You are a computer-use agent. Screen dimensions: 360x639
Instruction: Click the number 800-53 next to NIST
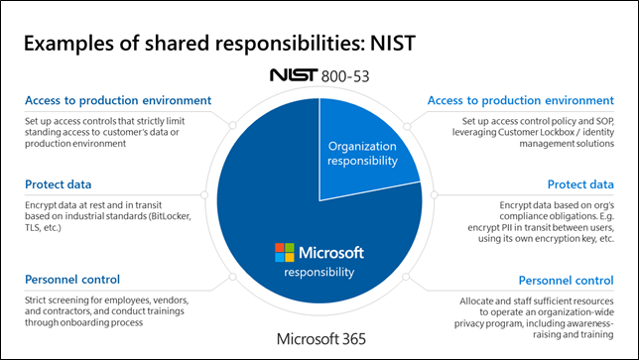348,75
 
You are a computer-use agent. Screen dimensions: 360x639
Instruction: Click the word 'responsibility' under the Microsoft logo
319,271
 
